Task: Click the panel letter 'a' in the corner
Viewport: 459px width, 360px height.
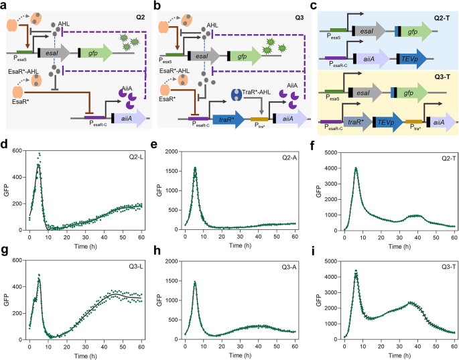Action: point(5,6)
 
